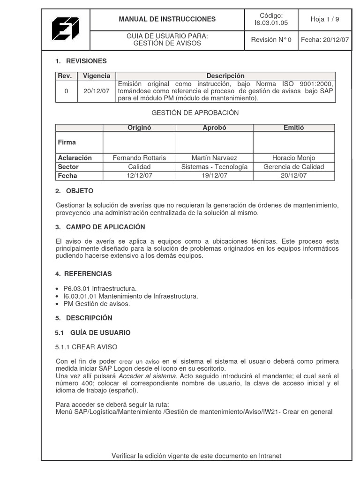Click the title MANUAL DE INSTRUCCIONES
[167, 19]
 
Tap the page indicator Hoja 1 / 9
[324, 19]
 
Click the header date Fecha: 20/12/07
[325, 40]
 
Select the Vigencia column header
[97, 75]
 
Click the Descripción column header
[225, 75]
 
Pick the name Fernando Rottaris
[139, 158]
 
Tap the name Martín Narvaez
[214, 158]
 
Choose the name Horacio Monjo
[294, 158]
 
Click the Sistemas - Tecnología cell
[214, 167]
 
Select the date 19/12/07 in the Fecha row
[214, 176]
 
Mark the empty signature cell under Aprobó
[214, 142]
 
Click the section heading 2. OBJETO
[74, 191]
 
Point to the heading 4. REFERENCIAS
[83, 274]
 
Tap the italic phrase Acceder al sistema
[147, 376]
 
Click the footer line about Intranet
[196, 456]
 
